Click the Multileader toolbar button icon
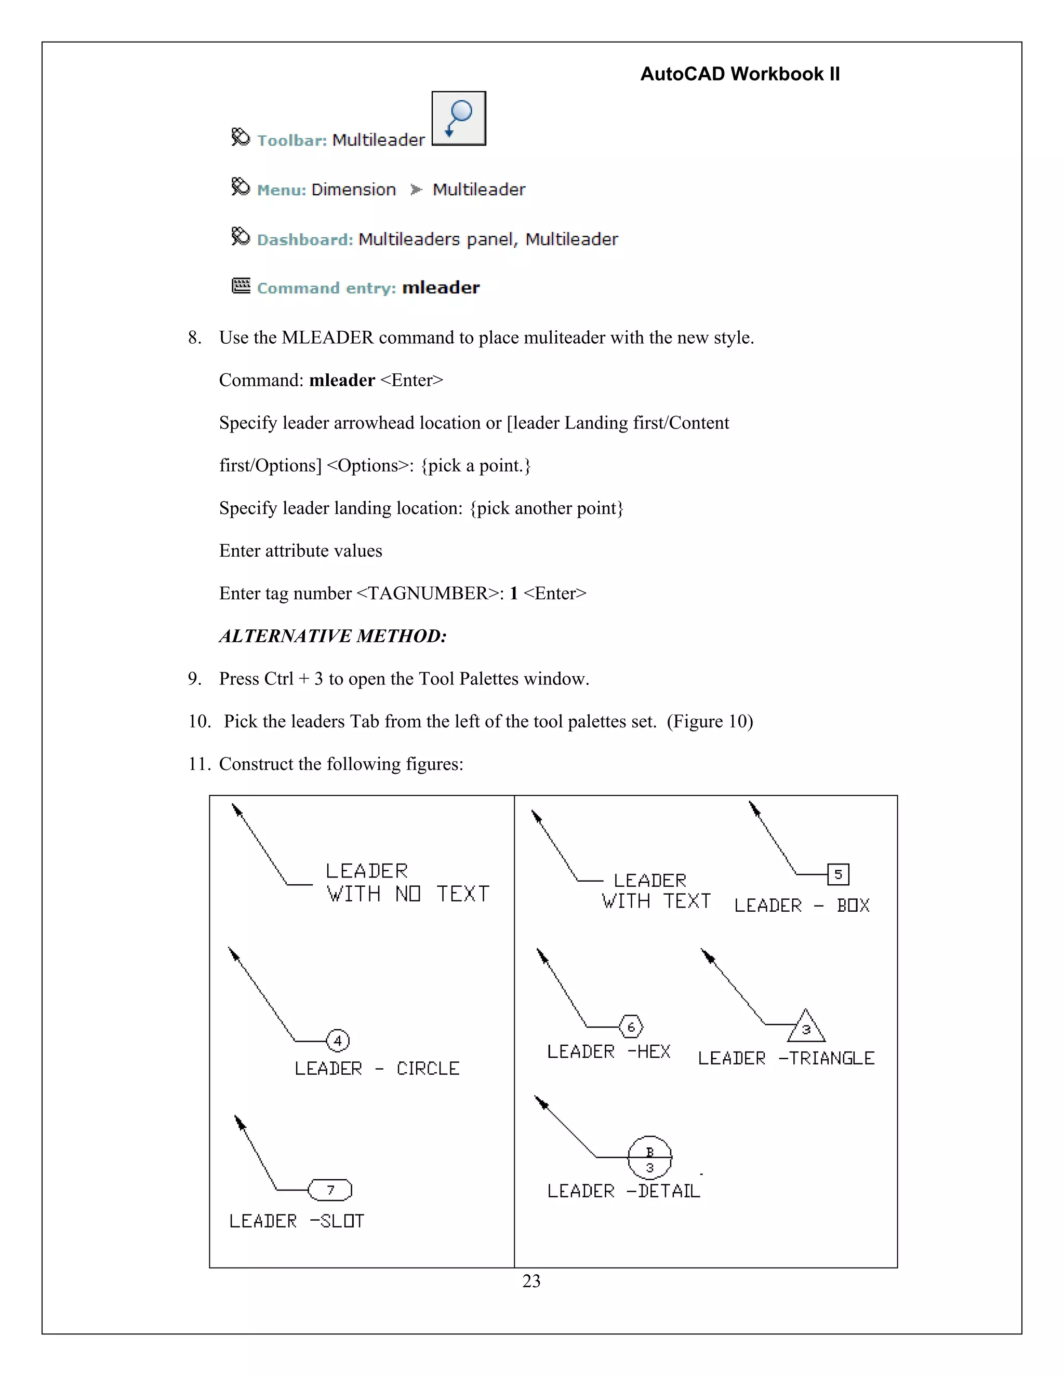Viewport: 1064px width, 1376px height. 458,118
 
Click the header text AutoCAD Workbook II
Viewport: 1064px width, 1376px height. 739,74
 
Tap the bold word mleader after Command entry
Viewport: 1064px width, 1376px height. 441,288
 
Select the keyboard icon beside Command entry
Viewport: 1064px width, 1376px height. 241,286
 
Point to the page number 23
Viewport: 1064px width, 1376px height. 531,1281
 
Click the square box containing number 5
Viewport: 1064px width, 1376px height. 837,874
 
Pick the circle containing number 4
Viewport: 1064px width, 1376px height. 338,1041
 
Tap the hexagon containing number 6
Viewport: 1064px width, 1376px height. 631,1027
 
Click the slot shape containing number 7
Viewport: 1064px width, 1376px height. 330,1190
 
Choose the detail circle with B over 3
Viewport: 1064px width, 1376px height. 650,1157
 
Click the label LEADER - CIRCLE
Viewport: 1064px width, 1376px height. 377,1069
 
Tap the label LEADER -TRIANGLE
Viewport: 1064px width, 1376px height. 786,1058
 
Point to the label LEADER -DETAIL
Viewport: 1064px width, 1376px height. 623,1191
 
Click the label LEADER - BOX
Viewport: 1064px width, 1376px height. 802,906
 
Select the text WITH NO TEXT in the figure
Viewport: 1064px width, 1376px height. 408,894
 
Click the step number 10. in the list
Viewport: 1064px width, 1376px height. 199,721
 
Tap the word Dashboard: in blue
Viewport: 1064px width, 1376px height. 305,240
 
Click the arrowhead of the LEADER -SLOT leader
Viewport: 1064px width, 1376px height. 240,1123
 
